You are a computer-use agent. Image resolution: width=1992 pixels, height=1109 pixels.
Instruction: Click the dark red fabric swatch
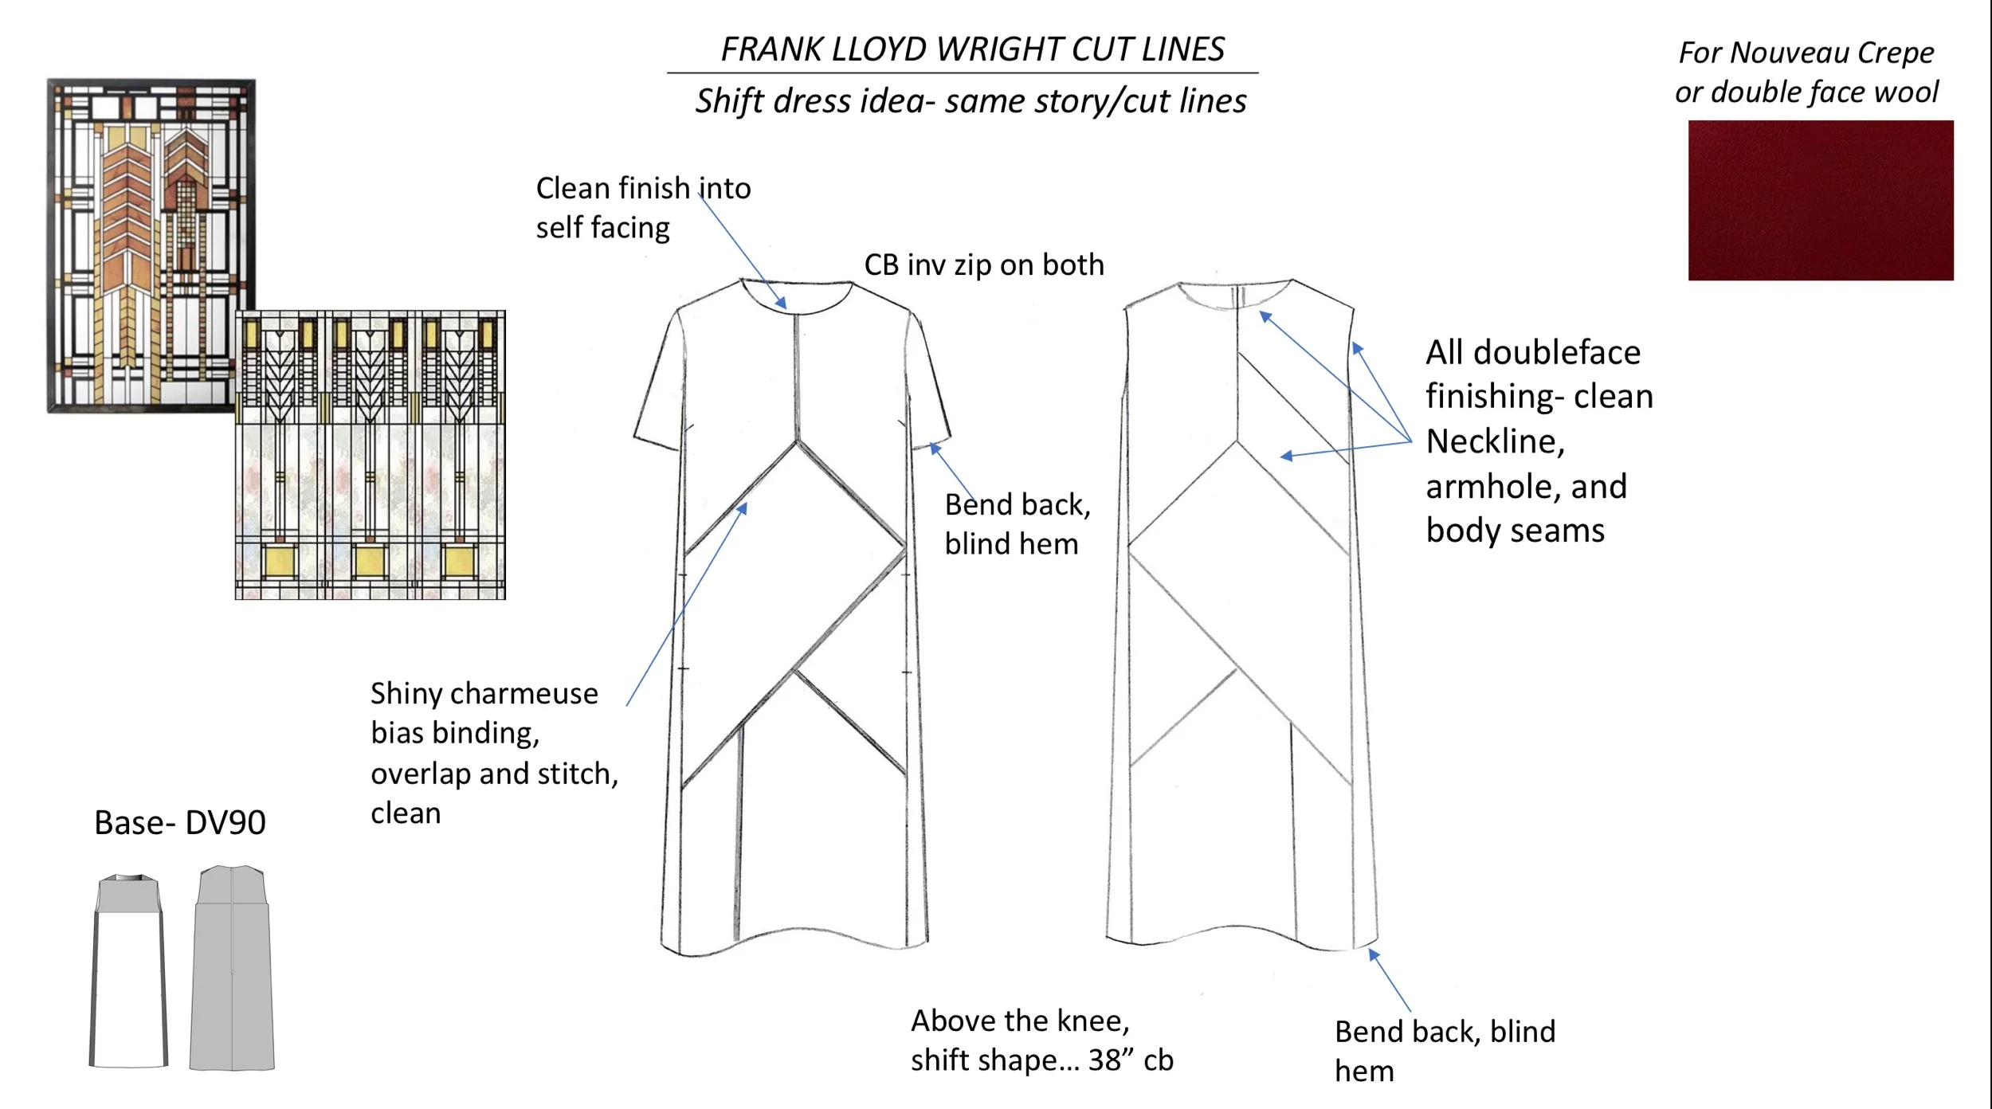coord(1820,200)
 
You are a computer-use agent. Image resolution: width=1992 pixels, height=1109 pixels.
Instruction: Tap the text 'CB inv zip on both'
coord(984,265)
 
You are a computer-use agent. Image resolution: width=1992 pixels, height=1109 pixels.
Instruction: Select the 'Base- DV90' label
coord(180,822)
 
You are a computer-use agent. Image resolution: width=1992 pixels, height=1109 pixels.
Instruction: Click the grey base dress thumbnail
coord(232,967)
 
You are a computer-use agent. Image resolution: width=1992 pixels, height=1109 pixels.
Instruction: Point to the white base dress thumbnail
coord(129,972)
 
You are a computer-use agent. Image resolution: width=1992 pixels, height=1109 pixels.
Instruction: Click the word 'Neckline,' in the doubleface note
coord(1495,441)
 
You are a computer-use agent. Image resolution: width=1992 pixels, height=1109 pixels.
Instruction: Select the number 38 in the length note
coord(1105,1060)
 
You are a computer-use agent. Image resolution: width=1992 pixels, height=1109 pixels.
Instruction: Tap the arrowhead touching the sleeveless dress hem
coord(1373,954)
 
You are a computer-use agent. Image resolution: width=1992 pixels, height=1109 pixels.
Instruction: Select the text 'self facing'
coord(602,228)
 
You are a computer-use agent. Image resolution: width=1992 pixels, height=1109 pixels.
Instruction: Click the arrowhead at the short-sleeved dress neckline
coord(782,304)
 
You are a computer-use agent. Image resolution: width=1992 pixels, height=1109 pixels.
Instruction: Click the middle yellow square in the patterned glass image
coord(370,561)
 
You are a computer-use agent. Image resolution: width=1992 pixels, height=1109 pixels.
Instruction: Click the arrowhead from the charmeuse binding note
coord(743,508)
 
